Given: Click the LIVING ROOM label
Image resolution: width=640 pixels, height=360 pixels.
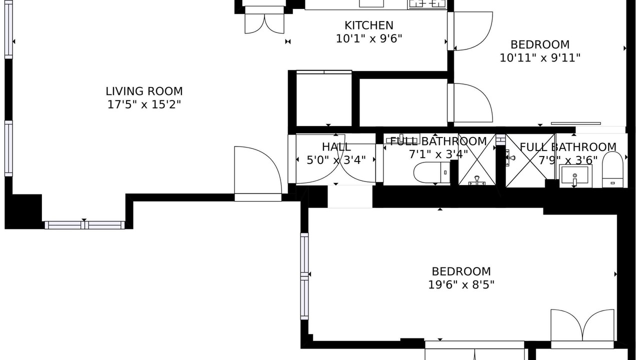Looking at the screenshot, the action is [x=144, y=91].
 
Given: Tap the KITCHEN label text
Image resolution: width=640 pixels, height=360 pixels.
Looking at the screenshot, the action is [x=369, y=25].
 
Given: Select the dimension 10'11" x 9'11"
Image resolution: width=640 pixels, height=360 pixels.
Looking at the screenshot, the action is [x=540, y=58].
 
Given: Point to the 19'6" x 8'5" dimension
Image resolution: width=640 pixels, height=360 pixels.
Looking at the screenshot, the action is [x=461, y=284].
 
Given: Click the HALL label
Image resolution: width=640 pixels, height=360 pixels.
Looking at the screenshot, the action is [x=336, y=147].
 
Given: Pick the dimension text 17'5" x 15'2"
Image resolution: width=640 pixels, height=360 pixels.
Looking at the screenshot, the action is [x=144, y=104].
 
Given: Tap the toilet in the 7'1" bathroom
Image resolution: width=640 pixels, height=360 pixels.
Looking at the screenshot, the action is [x=431, y=172].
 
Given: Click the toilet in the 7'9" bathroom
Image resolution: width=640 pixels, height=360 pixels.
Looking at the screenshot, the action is [x=612, y=169].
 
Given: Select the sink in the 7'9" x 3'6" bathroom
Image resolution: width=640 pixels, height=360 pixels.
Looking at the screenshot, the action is [x=575, y=175].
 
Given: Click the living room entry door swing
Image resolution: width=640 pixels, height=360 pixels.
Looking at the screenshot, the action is [x=258, y=170].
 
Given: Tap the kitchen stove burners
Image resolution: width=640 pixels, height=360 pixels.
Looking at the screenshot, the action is [x=427, y=3].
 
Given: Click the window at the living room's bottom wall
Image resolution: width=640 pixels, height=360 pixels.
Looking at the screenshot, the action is [x=84, y=225].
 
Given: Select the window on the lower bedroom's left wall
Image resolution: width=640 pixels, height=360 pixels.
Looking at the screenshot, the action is [x=304, y=276].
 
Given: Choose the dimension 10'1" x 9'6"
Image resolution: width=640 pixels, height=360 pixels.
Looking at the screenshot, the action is [x=369, y=38].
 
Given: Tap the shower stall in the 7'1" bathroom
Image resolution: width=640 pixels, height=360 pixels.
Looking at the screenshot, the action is [x=477, y=159].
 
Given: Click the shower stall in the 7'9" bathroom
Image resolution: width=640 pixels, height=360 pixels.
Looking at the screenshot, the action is [x=530, y=160].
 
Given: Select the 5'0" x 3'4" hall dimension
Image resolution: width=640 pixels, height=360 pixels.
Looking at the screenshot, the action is [x=336, y=160].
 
